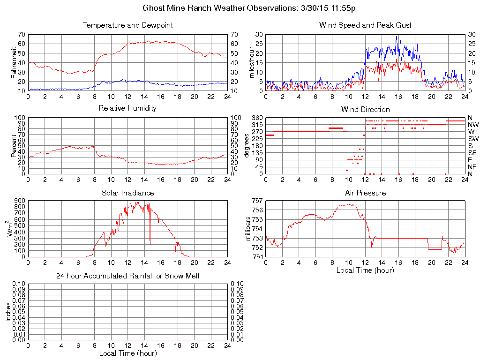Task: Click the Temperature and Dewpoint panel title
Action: click(127, 25)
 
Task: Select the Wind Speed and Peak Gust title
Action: click(365, 25)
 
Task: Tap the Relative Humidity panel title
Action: click(127, 108)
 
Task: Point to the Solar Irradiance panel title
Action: click(127, 193)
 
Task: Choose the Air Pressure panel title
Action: click(365, 193)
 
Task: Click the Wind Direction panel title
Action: click(365, 109)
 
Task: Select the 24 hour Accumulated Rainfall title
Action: click(127, 276)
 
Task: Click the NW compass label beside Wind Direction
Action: click(472, 125)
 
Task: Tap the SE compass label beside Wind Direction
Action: click(472, 153)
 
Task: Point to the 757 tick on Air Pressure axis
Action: click(257, 201)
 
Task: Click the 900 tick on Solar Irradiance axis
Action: click(19, 201)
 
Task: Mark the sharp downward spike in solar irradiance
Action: click(150, 234)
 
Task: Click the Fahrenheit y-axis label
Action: click(15, 62)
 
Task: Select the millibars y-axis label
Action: click(249, 229)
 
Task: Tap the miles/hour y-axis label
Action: click(252, 62)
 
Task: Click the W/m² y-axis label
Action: click(10, 229)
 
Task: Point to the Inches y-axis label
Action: click(8, 312)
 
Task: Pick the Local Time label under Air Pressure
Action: click(365, 270)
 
